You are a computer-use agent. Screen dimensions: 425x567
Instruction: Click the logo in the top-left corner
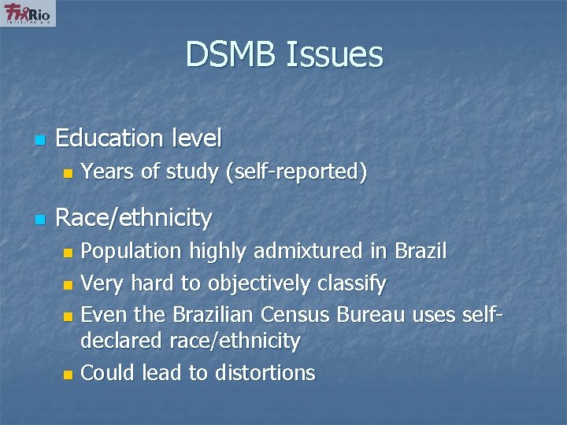(x=28, y=13)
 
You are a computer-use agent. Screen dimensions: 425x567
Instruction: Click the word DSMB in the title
(x=230, y=55)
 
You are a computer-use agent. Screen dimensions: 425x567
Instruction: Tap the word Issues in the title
(x=335, y=55)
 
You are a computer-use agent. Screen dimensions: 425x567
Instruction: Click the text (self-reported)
(x=296, y=172)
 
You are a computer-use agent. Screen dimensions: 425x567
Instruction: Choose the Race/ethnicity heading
(x=134, y=217)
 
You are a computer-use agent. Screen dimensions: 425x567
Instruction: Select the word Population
(x=132, y=252)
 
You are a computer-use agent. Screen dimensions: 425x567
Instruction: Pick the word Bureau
(x=369, y=315)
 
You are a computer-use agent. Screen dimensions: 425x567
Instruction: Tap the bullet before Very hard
(x=68, y=284)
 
